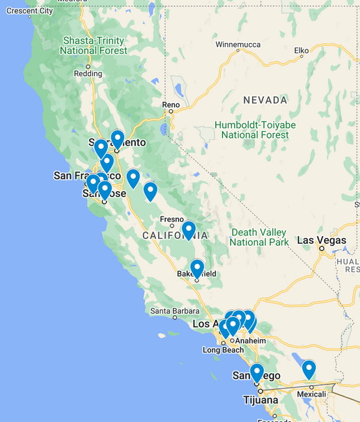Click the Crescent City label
(29, 11)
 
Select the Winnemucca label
(237, 45)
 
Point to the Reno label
(171, 104)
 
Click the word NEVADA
(265, 100)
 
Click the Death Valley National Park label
(259, 237)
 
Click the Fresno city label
(172, 219)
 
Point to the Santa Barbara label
(174, 311)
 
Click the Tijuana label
(261, 399)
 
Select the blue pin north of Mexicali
(309, 369)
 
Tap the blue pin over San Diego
(257, 373)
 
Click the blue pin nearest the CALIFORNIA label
(188, 230)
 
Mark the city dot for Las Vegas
(321, 248)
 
